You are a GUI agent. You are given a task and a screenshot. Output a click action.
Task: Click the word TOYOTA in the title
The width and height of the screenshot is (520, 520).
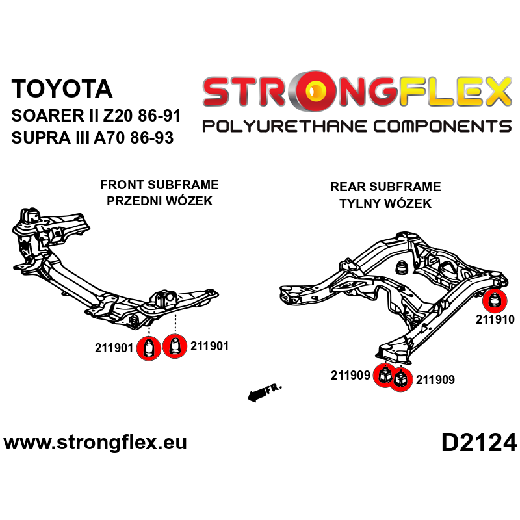click(x=62, y=88)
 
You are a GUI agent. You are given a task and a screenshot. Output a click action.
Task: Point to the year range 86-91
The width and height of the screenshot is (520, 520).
click(x=159, y=118)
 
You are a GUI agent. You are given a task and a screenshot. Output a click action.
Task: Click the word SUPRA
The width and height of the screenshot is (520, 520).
click(x=38, y=138)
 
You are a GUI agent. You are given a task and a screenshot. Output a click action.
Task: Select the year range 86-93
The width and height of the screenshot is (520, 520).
click(x=156, y=138)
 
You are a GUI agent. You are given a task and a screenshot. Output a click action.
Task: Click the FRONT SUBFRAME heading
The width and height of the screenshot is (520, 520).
click(x=159, y=185)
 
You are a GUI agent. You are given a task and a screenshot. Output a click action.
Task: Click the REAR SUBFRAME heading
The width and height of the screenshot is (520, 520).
click(x=385, y=187)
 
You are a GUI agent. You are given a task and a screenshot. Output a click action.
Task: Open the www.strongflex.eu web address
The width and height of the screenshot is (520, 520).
click(x=96, y=443)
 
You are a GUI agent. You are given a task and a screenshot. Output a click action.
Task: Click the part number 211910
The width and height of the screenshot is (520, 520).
click(x=495, y=319)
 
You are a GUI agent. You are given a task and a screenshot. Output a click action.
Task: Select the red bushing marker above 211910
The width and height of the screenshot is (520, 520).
click(x=495, y=301)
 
